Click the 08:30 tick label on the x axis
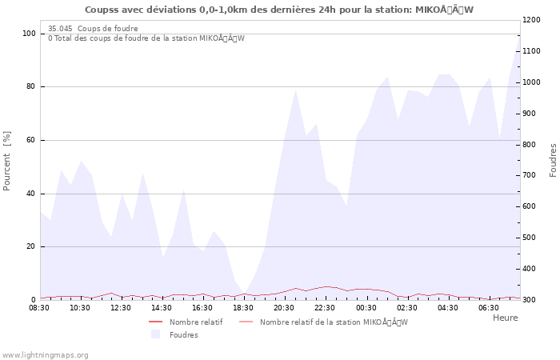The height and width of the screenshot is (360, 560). pos(39,307)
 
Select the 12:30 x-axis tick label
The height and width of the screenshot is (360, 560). pos(121,307)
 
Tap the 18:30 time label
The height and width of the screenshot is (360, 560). pos(243,307)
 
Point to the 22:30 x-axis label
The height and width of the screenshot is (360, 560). pos(325,307)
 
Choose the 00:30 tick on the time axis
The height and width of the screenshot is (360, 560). pos(366,307)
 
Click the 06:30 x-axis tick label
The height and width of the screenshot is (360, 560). pos(488,307)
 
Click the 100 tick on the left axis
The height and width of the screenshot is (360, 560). pos(29,34)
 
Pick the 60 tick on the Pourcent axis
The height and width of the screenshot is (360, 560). pos(31,140)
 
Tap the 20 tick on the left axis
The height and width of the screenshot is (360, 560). pos(31,246)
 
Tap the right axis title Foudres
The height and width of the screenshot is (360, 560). pos(553,160)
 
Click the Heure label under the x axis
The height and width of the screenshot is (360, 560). pos(505,318)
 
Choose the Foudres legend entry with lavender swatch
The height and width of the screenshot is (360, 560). pos(183,335)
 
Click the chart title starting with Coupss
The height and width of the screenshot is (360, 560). pos(279,10)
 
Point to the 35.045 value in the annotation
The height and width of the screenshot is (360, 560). pos(61,29)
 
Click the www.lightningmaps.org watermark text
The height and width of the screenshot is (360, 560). pos(45,354)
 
